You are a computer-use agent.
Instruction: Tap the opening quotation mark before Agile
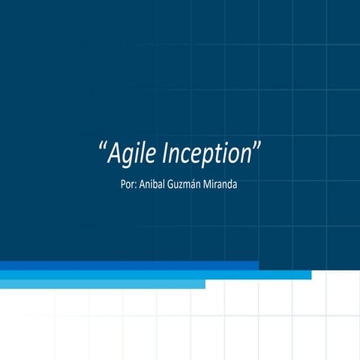102,148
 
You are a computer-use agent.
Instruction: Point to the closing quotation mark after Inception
256,148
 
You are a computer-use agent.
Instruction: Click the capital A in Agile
114,154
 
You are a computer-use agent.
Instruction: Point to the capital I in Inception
166,154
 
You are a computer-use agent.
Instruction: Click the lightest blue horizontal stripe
102,284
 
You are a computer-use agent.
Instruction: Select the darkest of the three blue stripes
129,265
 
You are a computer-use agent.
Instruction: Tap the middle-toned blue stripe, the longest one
155,274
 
